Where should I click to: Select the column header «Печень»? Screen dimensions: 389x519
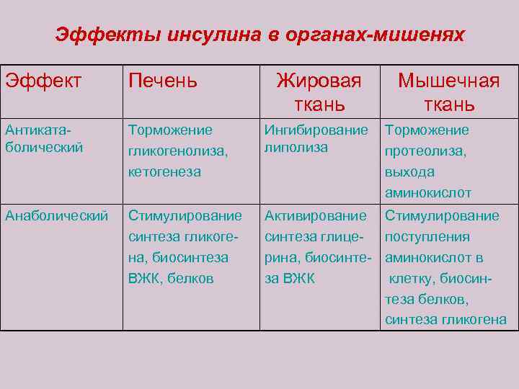coord(162,81)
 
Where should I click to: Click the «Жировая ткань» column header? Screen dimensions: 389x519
coord(319,92)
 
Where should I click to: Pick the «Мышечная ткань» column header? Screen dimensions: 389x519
coord(448,92)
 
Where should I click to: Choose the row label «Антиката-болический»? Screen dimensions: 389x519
coord(44,138)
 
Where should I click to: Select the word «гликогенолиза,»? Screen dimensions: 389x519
coord(174,151)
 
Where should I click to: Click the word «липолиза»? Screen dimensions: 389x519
coord(296,148)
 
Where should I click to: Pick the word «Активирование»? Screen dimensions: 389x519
coord(315,215)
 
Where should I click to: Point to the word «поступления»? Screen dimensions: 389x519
coord(427,236)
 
